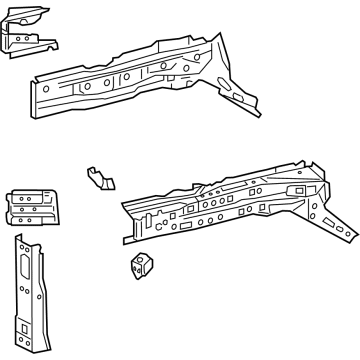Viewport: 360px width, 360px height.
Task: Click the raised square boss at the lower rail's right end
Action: (x=297, y=189)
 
